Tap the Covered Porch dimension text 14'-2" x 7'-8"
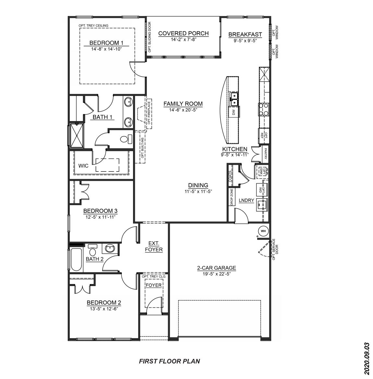point(184,39)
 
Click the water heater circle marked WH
point(263,231)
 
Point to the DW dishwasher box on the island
point(233,112)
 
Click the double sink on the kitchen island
point(234,99)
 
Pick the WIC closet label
point(83,166)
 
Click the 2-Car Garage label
point(216,268)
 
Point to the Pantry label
point(265,154)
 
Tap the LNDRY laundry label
point(246,201)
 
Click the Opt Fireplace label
point(149,113)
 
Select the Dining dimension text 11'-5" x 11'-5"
point(198,191)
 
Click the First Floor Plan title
point(169,361)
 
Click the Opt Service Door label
point(275,249)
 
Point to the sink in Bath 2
point(109,249)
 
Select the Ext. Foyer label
point(153,246)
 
